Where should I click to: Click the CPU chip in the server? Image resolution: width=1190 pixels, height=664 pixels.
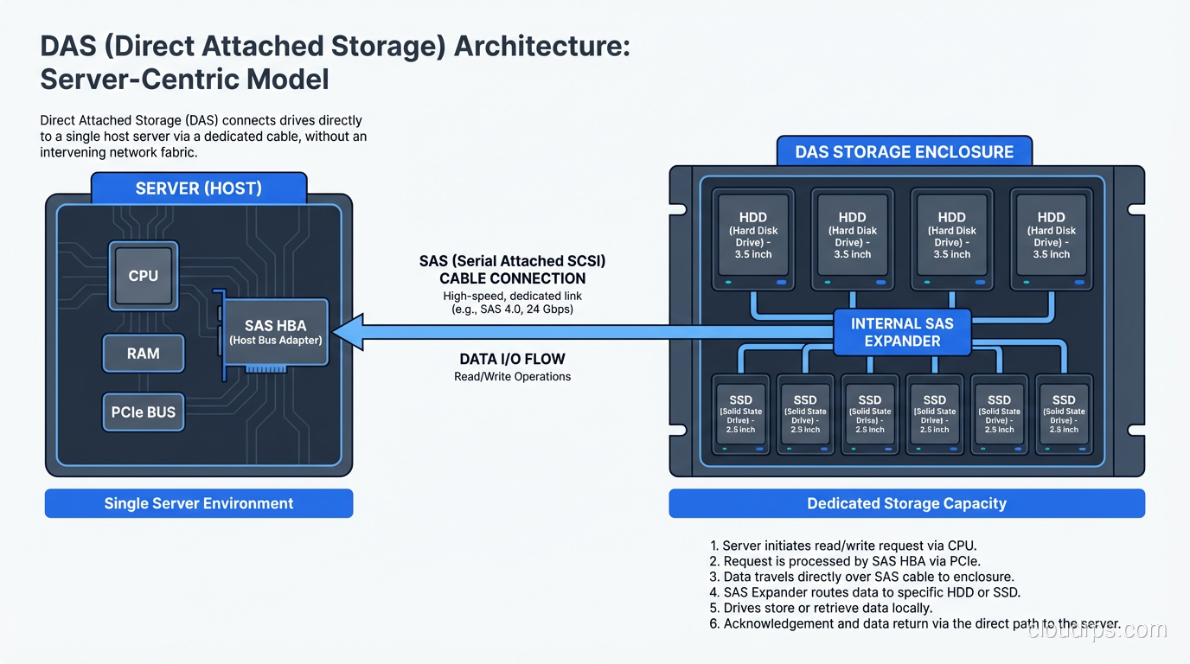point(143,276)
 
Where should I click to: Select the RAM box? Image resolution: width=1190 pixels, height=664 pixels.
point(143,354)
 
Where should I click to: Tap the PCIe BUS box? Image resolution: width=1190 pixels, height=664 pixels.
point(143,412)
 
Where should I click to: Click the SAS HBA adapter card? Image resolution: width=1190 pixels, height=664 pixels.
point(276,332)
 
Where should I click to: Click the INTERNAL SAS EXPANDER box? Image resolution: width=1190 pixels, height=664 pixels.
point(902,332)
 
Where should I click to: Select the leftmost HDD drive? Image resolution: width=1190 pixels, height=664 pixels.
point(752,240)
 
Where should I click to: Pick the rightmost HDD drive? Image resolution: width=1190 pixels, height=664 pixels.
point(1051,240)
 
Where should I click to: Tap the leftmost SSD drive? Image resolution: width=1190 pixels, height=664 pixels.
point(740,414)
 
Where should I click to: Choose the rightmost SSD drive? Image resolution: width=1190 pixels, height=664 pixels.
point(1063,414)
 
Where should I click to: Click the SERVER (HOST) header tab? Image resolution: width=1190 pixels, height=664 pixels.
point(198,188)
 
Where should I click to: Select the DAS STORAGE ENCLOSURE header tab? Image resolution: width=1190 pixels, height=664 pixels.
point(904,152)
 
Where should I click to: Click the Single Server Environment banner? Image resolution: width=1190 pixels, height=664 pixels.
point(198,503)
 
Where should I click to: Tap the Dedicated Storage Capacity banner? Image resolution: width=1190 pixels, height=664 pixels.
point(906,503)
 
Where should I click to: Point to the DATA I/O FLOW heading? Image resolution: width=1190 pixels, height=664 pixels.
point(512,359)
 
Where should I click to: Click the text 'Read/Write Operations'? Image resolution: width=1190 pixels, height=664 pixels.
point(512,377)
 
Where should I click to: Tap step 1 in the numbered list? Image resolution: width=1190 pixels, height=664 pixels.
point(843,546)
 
